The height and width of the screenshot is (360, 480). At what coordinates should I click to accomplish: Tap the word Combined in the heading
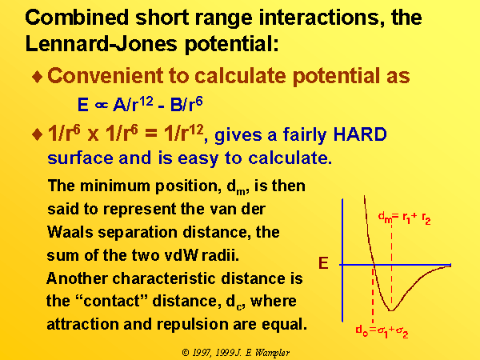tap(77, 17)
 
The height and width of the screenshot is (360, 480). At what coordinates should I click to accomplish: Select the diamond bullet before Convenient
tap(38, 77)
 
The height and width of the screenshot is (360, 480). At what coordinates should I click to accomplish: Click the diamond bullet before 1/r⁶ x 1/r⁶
tap(38, 134)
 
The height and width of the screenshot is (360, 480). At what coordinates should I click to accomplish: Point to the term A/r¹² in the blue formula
tap(133, 103)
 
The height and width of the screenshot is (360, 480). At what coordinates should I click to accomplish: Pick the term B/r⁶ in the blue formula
tap(186, 103)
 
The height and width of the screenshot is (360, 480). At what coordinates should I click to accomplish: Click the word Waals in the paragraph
tap(70, 232)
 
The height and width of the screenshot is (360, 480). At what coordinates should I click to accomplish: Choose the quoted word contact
tap(111, 301)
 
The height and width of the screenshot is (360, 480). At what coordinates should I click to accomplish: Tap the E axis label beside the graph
tap(323, 263)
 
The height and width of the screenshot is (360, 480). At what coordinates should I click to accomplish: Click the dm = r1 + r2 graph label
tap(404, 218)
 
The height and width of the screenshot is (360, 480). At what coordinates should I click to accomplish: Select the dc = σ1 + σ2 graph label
tap(382, 331)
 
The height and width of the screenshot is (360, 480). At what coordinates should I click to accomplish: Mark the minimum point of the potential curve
tap(391, 310)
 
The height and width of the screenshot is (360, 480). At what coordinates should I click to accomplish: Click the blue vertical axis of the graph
tap(342, 260)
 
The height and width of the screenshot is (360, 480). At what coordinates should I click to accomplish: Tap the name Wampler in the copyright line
tap(272, 353)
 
